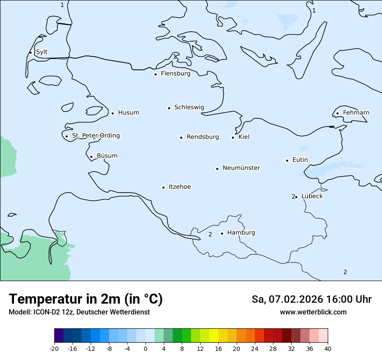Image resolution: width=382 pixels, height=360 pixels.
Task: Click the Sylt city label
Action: [x=42, y=52]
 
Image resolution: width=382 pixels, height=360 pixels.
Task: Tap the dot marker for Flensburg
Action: [x=155, y=74]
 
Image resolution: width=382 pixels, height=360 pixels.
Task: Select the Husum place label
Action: [x=128, y=113]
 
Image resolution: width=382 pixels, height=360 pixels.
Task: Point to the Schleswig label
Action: [x=189, y=107]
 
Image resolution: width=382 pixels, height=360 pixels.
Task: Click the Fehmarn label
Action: [x=356, y=113]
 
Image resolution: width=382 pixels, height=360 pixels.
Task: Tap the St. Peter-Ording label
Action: [x=96, y=136]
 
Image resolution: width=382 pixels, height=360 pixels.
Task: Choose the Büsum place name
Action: [x=107, y=156]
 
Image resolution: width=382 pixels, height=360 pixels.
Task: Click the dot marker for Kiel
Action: [x=233, y=137]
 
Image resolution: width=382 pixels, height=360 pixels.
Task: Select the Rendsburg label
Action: [x=203, y=137]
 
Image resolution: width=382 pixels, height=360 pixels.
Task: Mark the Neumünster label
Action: [x=241, y=168]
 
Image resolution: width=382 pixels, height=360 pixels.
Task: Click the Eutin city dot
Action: [x=287, y=160]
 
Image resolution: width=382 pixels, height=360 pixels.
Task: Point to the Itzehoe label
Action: [x=180, y=187]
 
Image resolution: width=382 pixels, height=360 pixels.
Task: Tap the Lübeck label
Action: [x=312, y=196]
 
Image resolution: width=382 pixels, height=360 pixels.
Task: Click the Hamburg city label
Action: [x=241, y=232]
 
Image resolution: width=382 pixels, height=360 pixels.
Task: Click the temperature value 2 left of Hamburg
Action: [x=210, y=235]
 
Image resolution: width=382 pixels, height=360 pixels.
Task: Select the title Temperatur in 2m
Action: [x=86, y=299]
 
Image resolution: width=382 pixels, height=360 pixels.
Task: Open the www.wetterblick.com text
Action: [x=313, y=312]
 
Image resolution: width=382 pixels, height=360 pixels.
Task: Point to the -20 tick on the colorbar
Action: [x=54, y=349]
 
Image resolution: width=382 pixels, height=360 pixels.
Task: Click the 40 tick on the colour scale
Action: [x=327, y=349]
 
